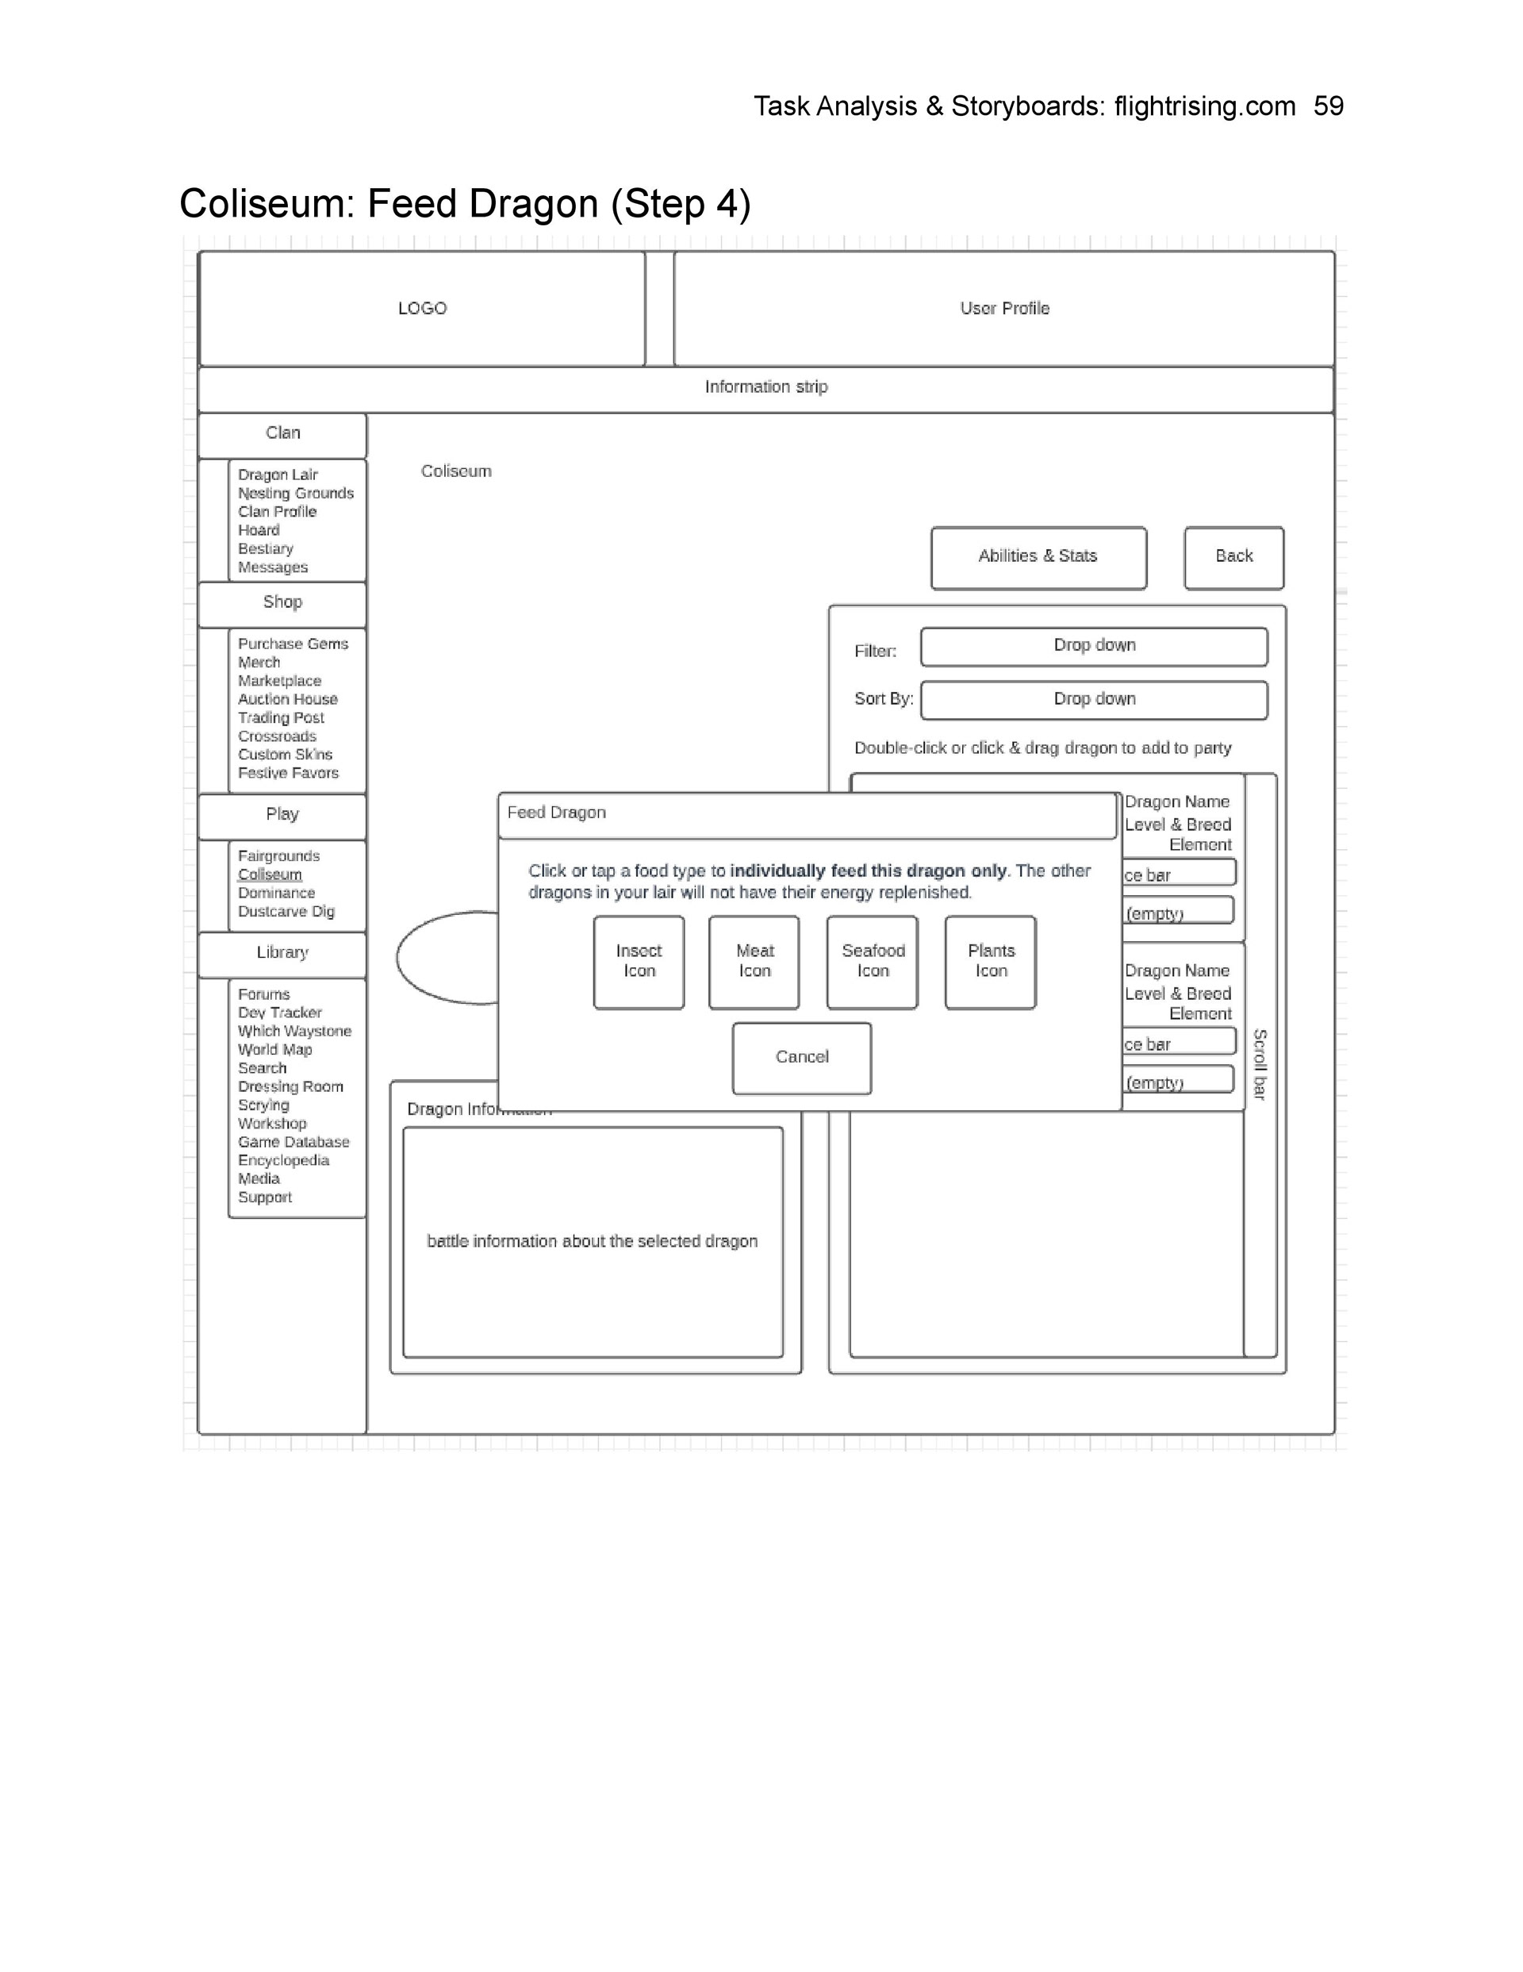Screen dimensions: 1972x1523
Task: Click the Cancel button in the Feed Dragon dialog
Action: (x=802, y=1057)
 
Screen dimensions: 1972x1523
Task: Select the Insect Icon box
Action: (x=639, y=962)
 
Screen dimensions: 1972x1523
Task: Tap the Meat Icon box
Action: (x=754, y=962)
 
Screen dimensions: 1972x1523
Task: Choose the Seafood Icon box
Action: (x=872, y=962)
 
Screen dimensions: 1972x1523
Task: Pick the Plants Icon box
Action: (x=991, y=962)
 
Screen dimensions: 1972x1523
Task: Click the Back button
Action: (x=1233, y=557)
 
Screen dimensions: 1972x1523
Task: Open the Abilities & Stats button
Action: (x=1038, y=557)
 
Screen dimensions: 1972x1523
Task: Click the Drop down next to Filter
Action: (x=1094, y=646)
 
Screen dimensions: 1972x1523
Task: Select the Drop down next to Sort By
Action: (x=1094, y=700)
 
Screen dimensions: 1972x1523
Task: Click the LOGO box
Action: (x=421, y=309)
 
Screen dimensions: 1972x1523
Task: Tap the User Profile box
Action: (x=1004, y=309)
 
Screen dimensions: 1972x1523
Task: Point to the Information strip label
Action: (x=765, y=387)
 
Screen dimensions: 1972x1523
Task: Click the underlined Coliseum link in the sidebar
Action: (x=270, y=875)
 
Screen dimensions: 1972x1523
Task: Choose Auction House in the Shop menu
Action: (x=288, y=700)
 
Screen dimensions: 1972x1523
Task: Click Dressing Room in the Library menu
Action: (x=290, y=1087)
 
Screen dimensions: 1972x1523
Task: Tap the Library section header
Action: (x=282, y=954)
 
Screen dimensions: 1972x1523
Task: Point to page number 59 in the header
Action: (x=1328, y=106)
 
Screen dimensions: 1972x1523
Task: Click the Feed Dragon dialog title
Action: (x=556, y=813)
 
